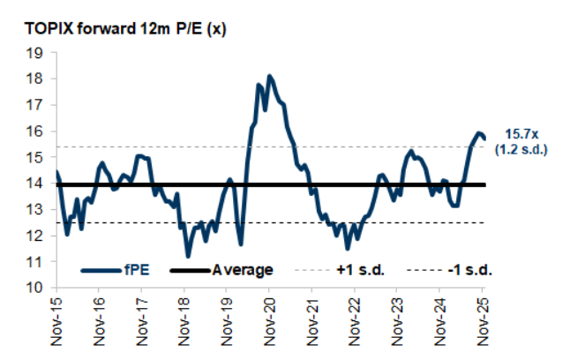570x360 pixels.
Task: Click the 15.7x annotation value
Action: [521, 133]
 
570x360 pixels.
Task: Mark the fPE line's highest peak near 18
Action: [269, 77]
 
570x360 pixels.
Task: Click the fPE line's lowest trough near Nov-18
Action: [188, 255]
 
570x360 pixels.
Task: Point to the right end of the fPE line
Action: [484, 138]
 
